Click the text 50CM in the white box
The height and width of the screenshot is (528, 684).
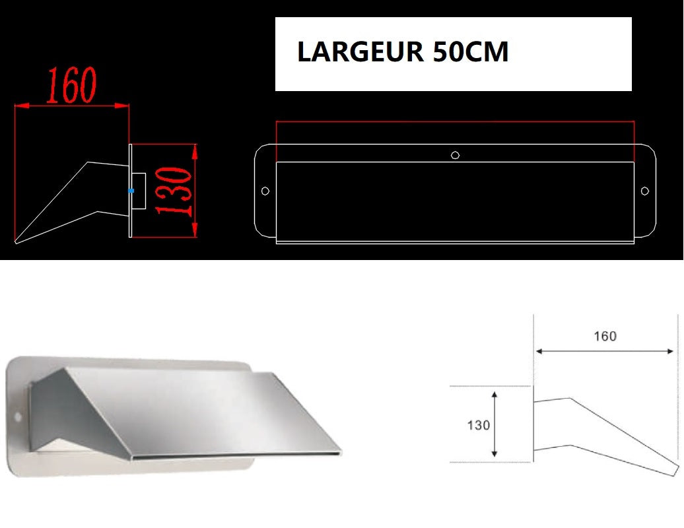[471, 52]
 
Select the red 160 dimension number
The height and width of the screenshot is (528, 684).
[71, 86]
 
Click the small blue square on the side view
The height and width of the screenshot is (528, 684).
[131, 190]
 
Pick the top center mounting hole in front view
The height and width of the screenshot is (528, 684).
[455, 155]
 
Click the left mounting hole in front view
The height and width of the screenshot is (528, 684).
[265, 191]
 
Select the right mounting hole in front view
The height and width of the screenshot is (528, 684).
[645, 191]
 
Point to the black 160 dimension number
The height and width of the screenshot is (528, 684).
[604, 337]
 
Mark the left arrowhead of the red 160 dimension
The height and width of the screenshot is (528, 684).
[19, 105]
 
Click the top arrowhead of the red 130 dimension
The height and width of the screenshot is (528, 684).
[195, 150]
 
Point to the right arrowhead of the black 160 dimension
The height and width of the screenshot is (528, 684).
[672, 352]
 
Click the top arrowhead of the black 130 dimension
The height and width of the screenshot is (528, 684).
[495, 393]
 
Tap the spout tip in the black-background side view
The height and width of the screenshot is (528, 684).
[16, 242]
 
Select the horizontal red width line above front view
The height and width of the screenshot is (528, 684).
[455, 122]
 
